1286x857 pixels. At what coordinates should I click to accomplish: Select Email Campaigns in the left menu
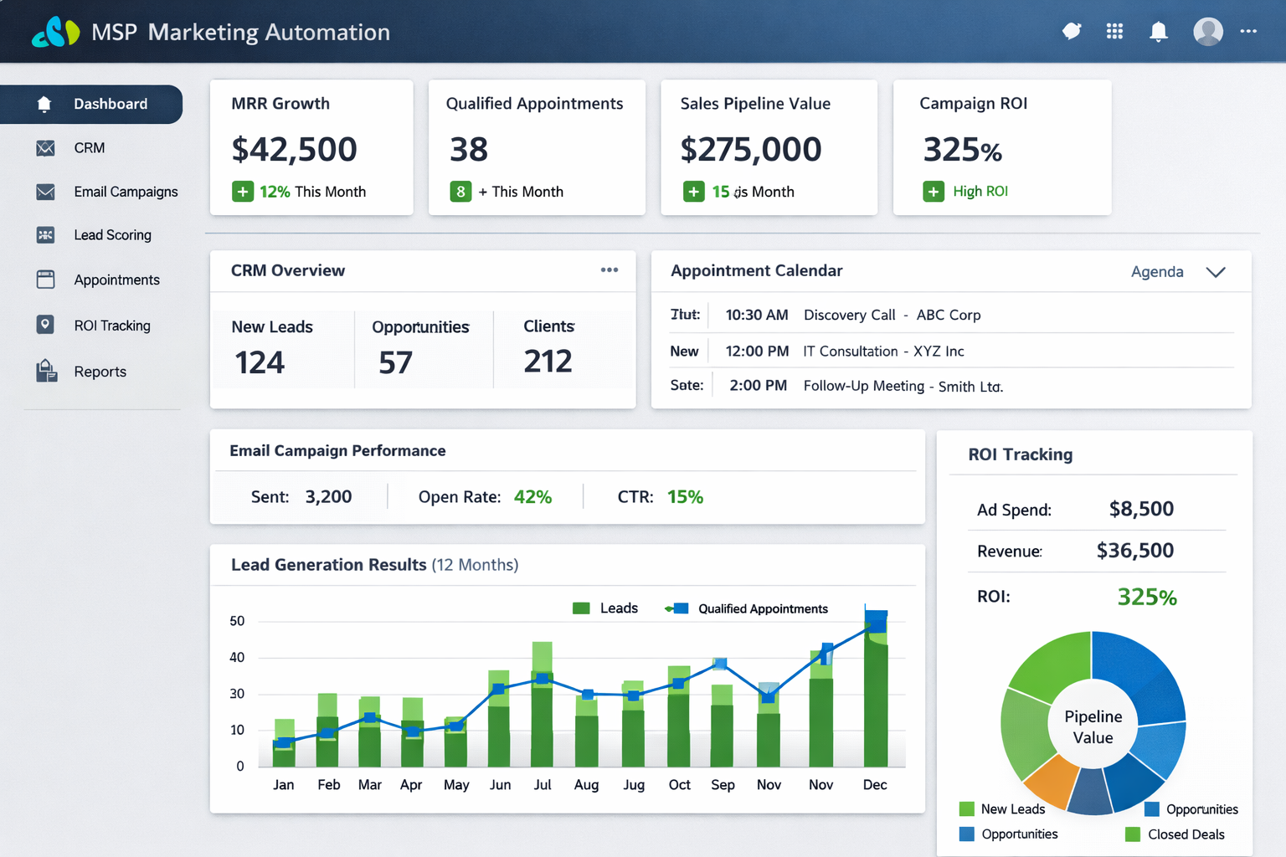tap(126, 192)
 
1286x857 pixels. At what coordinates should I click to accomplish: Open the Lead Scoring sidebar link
tap(112, 235)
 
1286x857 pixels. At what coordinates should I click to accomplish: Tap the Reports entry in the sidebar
tap(100, 372)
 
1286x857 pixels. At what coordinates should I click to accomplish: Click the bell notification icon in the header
tap(1158, 32)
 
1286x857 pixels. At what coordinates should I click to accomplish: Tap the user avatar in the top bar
tap(1207, 32)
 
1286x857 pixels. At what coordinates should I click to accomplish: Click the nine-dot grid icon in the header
tap(1114, 32)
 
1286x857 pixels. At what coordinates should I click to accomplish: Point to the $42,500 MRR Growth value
tap(294, 150)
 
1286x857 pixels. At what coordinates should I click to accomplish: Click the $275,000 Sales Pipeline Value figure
tap(750, 150)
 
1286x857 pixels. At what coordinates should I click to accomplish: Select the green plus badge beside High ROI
tap(933, 192)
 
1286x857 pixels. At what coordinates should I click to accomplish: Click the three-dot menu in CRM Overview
tap(610, 270)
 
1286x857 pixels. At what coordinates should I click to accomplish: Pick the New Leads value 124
tap(260, 362)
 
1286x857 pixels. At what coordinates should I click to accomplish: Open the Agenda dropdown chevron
tap(1216, 272)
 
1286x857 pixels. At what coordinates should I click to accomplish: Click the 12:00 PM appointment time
tap(757, 352)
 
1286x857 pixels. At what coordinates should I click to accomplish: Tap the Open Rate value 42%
tap(532, 497)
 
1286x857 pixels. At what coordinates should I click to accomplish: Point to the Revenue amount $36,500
tap(1134, 551)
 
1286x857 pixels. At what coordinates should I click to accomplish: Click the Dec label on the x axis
tap(874, 785)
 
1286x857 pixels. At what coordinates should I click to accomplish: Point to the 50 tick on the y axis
tap(237, 621)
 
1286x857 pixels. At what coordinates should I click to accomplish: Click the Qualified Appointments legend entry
tap(762, 609)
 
